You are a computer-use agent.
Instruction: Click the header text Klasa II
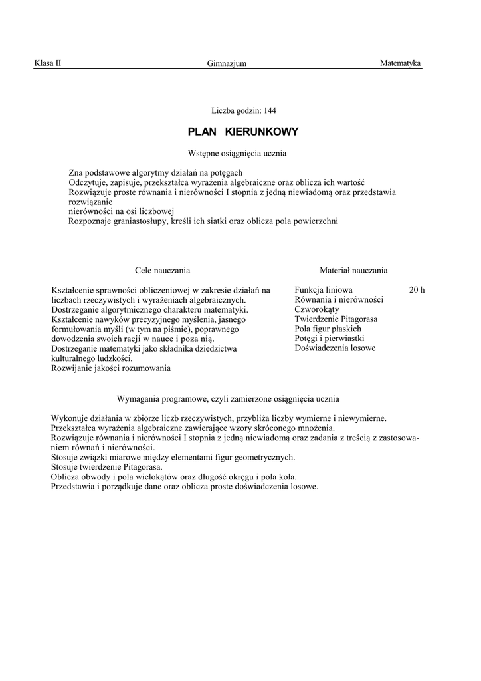point(47,63)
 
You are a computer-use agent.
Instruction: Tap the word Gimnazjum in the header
point(227,63)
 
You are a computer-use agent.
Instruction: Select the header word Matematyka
point(400,63)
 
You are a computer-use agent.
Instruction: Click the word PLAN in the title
point(203,132)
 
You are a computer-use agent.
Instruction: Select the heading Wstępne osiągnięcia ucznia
point(237,153)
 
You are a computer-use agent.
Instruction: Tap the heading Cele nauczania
point(162,271)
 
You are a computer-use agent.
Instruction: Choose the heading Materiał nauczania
point(353,271)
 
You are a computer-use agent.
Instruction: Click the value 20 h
point(417,290)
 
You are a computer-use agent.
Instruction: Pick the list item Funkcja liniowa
point(324,290)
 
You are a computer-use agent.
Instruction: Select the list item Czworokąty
point(317,309)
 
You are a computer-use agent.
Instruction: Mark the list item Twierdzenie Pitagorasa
point(336,319)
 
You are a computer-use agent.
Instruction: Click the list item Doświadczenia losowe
point(335,348)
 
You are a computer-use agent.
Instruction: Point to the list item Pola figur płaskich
point(328,329)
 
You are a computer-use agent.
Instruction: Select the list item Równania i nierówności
point(339,299)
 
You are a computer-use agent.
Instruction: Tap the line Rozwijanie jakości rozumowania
point(111,368)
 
